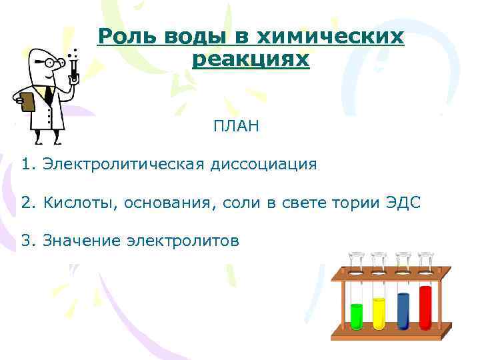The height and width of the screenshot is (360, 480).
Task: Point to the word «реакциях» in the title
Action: click(250, 59)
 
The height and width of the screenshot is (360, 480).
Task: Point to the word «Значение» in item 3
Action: click(81, 241)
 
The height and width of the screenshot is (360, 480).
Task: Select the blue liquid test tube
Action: click(403, 309)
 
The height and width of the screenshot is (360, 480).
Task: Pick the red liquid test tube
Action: click(425, 307)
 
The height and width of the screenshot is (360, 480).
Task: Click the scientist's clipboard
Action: click(28, 102)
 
